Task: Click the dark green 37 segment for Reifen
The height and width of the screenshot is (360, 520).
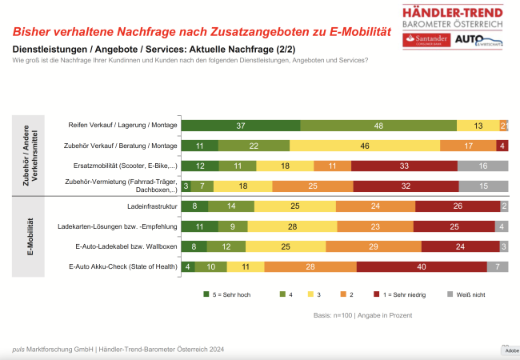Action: coord(241,126)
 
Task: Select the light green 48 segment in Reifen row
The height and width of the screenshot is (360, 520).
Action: coord(378,126)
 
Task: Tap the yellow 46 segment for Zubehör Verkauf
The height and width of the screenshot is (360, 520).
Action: coord(365,146)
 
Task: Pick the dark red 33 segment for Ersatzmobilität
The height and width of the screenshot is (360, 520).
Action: coord(405,166)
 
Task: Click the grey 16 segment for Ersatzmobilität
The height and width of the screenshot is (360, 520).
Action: coord(483,166)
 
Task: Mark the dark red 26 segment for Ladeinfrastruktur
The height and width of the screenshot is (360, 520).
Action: coord(457,206)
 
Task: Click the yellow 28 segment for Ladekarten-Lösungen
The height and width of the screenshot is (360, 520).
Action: coord(291,226)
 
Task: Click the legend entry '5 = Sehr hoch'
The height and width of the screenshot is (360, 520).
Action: coord(227,294)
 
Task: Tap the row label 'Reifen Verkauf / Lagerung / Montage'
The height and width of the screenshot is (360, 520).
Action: coord(122,126)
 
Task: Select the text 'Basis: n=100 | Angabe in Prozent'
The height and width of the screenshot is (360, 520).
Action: coord(362,315)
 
